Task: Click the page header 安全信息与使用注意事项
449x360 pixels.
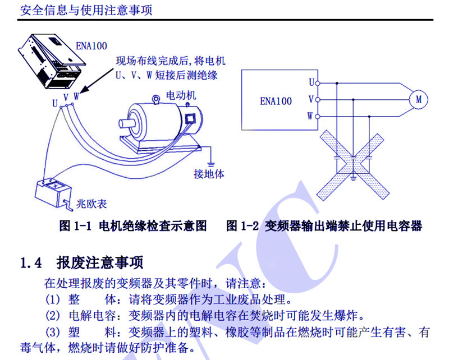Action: (85, 10)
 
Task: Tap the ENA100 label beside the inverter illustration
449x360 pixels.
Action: (90, 45)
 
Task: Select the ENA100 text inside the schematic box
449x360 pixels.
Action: (276, 101)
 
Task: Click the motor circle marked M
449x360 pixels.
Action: (418, 99)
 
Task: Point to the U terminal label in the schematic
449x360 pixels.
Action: (310, 82)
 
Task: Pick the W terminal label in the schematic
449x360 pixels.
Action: (310, 116)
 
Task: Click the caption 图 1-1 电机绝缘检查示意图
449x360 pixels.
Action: (132, 226)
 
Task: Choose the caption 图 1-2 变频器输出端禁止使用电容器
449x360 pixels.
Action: (324, 226)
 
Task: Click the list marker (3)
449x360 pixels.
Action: (52, 332)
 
